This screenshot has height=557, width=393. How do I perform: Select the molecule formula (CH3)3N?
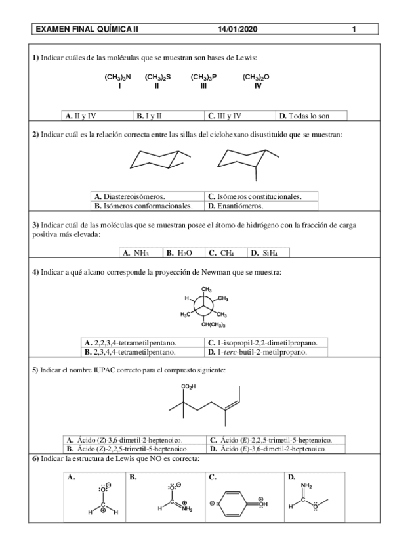118,78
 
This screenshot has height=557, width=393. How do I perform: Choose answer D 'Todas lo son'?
310,116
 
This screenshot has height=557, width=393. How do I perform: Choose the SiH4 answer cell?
267,252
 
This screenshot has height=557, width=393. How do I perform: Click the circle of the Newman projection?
205,306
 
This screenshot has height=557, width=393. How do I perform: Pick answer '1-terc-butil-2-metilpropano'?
257,351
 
